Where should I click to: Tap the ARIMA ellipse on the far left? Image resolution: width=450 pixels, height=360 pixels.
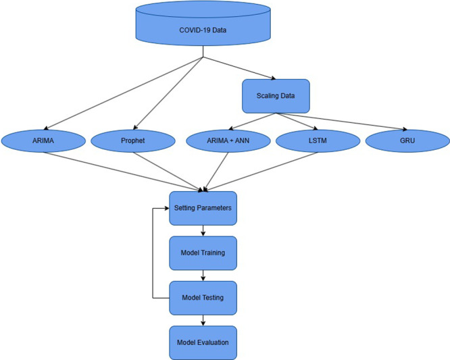point(43,141)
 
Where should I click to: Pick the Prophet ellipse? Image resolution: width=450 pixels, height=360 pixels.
point(133,141)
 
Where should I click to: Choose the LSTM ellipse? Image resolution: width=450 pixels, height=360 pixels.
point(316,141)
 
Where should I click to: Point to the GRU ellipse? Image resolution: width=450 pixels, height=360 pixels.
point(407,141)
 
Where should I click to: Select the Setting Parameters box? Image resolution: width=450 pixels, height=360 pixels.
point(203,208)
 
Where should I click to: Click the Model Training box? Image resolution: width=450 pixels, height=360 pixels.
point(203,253)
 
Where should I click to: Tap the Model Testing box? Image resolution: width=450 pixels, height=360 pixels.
point(203,297)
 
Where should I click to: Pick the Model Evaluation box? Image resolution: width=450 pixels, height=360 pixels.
point(203,342)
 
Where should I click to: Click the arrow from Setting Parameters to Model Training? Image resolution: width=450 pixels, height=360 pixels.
point(203,230)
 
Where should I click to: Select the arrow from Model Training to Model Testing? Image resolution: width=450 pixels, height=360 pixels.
point(203,275)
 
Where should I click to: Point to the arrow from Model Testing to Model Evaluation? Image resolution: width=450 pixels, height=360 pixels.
point(203,319)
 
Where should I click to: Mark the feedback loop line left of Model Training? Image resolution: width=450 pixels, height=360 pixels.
point(153,253)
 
